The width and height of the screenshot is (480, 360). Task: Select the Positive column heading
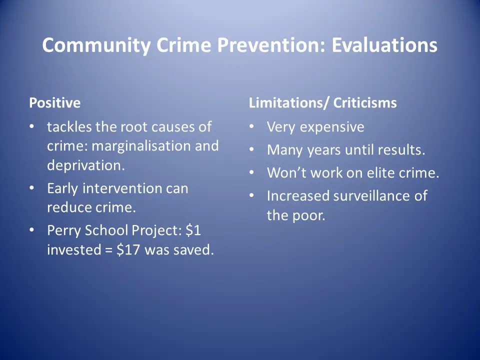[54, 103]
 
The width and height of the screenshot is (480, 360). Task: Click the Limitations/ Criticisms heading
[322, 103]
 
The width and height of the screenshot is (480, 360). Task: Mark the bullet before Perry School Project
[32, 230]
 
